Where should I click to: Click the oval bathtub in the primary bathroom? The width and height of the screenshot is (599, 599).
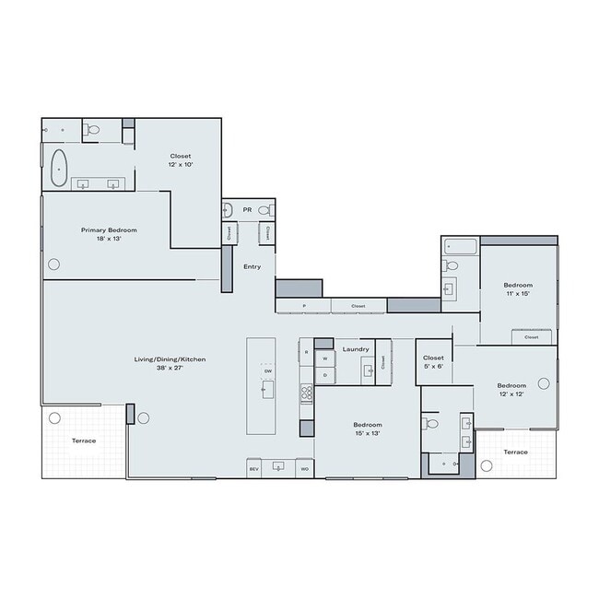(60, 167)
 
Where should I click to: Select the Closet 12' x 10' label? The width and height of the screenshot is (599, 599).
(181, 160)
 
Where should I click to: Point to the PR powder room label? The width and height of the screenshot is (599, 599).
(247, 210)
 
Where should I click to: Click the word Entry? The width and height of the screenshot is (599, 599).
(252, 267)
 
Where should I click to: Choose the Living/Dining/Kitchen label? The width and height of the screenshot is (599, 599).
(160, 362)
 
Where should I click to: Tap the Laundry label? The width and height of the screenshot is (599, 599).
(356, 349)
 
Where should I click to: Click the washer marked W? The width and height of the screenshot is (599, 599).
(324, 358)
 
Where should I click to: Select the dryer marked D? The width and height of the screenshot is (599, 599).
(324, 375)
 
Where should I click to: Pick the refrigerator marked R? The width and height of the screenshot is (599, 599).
(306, 352)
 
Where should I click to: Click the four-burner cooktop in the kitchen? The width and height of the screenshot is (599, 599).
(307, 393)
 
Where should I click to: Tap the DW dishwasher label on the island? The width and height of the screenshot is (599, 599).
(267, 370)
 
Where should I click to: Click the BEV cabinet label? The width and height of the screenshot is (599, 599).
(254, 469)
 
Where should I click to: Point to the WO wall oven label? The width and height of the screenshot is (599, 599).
(304, 469)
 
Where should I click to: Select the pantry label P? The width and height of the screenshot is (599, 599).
(303, 306)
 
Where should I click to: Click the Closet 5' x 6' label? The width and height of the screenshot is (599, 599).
(433, 361)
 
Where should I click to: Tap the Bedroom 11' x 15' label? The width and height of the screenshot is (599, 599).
(517, 289)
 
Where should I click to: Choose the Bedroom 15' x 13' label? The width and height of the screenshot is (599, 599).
(367, 429)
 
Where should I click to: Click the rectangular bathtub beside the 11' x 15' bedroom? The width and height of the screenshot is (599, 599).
(460, 246)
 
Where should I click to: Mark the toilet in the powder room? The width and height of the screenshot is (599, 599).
(265, 209)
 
